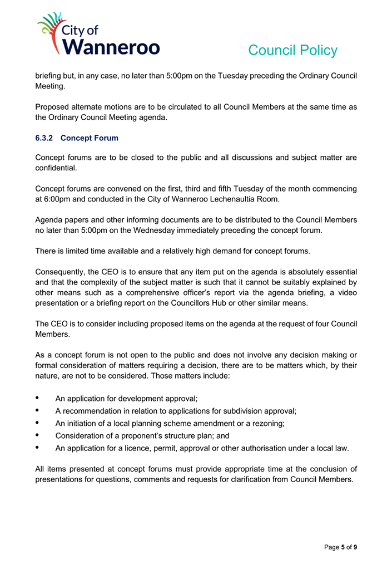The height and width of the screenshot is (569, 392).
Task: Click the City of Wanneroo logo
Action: point(98,35)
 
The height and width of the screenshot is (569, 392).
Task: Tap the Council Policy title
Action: point(292,50)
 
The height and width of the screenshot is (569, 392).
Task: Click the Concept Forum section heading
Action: point(89,138)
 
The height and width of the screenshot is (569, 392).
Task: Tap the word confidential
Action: point(56,168)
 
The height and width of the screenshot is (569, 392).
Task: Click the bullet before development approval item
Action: point(37,399)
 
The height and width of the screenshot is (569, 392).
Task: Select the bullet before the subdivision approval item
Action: point(37,411)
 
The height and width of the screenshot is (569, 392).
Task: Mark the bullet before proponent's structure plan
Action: point(37,435)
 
